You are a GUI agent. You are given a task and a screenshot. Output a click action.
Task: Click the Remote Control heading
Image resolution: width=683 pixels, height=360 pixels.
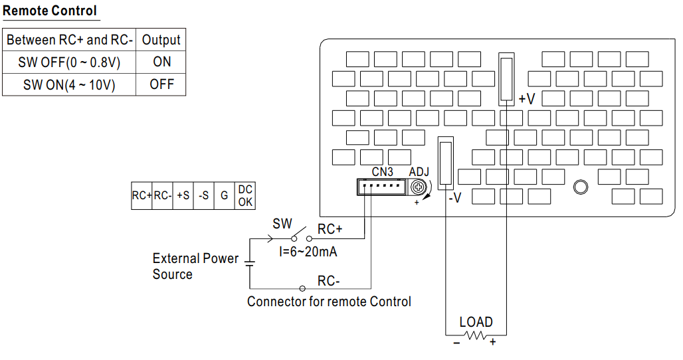tap(50, 11)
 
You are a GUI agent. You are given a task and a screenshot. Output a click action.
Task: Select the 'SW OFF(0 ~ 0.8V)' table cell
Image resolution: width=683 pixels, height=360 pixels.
tap(69, 62)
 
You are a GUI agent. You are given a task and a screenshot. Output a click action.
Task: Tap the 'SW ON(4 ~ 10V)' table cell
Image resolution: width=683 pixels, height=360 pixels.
tap(69, 84)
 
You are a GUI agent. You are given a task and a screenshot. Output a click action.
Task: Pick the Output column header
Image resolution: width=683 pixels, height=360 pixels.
tap(161, 40)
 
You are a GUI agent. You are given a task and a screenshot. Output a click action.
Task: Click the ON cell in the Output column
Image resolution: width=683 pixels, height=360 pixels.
tap(161, 62)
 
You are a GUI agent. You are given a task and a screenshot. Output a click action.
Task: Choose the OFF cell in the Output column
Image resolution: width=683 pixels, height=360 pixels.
tap(161, 84)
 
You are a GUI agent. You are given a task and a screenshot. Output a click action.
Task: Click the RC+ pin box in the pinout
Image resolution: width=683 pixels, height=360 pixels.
tap(142, 196)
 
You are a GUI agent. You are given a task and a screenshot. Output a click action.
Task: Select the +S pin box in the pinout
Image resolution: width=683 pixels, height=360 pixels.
tap(183, 196)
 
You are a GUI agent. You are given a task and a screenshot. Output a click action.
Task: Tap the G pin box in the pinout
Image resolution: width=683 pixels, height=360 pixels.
tap(225, 196)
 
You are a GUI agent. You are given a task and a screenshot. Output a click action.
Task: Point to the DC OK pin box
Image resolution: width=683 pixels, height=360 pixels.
tap(245, 196)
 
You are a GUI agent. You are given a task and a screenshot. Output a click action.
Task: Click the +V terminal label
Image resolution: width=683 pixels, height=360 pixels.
tap(527, 99)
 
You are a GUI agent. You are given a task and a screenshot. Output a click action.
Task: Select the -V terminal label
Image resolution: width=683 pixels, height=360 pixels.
tap(454, 197)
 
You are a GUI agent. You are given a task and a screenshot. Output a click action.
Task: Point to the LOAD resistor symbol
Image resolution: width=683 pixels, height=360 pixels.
tap(476, 336)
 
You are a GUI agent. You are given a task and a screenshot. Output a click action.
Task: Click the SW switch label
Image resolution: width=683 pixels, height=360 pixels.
tap(282, 224)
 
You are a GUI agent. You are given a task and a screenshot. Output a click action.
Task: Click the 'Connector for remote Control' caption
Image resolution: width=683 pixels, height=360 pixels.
tap(329, 302)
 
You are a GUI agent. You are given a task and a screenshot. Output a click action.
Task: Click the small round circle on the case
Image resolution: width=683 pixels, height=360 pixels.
tap(580, 187)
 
